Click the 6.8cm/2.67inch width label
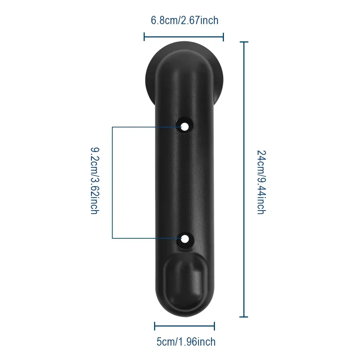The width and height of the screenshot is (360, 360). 185,21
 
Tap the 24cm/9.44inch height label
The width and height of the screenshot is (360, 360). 261,182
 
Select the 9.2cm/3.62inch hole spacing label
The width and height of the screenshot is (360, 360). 95,181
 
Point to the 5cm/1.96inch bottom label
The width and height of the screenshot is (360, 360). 186,342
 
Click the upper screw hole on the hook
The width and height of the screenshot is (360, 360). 185,126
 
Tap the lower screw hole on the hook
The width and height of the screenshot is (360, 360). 185,239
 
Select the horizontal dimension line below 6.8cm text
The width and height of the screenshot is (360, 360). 184,36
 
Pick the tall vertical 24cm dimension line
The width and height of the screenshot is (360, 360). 244,179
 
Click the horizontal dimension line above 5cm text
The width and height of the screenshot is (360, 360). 184,326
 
